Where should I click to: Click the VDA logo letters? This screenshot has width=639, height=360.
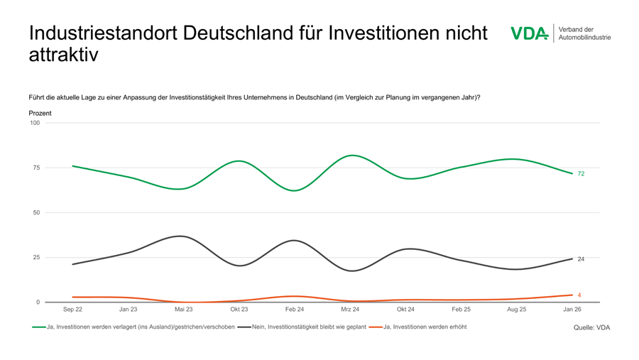point(529,33)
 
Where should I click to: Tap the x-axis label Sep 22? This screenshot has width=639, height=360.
point(72,310)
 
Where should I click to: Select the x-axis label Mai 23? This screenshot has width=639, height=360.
point(183,310)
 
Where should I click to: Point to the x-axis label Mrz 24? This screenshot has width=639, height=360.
point(350,310)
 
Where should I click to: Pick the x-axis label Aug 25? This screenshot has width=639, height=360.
point(517,310)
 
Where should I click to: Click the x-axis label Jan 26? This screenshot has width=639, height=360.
point(572,310)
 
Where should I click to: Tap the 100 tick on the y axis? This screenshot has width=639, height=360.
point(35,123)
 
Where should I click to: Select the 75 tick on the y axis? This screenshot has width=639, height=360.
point(36,168)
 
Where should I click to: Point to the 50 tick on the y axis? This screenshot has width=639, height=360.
point(36,212)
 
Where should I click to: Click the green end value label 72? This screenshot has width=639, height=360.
point(581,174)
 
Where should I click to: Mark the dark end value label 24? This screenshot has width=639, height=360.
point(581,259)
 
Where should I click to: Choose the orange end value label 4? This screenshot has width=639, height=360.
point(579,295)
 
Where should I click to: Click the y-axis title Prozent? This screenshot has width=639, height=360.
point(40,113)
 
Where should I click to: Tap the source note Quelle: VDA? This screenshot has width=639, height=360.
point(591,327)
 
